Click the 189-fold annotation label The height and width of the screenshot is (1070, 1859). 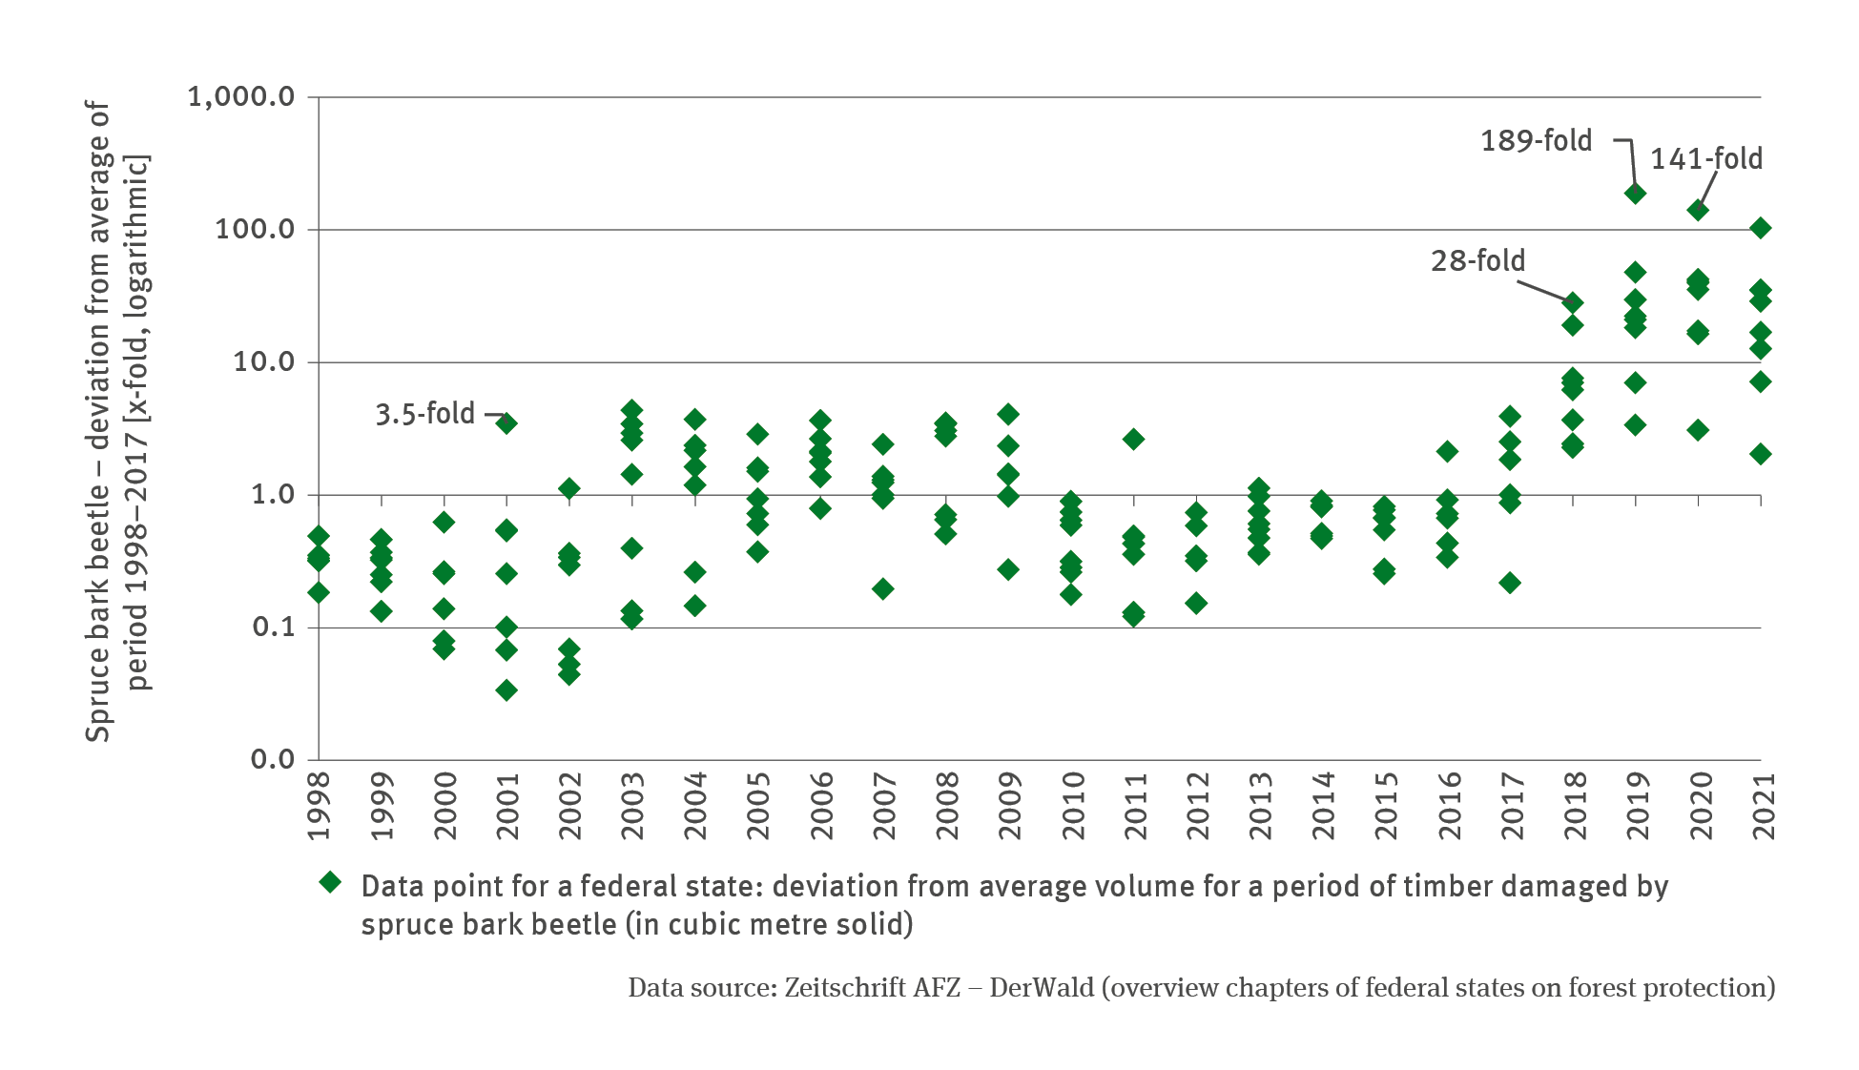pyautogui.click(x=1536, y=141)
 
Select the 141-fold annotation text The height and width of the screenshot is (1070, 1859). pyautogui.click(x=1706, y=159)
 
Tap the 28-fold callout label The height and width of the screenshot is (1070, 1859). pyautogui.click(x=1477, y=260)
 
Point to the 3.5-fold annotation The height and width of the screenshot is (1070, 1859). pyautogui.click(x=424, y=414)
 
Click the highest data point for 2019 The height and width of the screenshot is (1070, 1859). pyautogui.click(x=1635, y=194)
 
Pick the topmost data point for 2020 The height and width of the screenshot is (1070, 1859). pyautogui.click(x=1698, y=210)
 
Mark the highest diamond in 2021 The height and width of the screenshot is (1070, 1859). pyautogui.click(x=1761, y=228)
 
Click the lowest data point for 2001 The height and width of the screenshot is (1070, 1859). pyautogui.click(x=506, y=690)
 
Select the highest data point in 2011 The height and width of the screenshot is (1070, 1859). pyautogui.click(x=1133, y=440)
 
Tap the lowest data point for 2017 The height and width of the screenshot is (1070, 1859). pyautogui.click(x=1510, y=583)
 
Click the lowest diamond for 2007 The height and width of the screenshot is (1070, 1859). pyautogui.click(x=883, y=589)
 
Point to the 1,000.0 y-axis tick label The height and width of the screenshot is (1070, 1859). pyautogui.click(x=241, y=97)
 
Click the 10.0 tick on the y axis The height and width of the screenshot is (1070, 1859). pyautogui.click(x=264, y=362)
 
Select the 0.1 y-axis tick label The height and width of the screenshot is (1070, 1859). pyautogui.click(x=273, y=628)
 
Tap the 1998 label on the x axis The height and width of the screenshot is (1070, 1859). pyautogui.click(x=319, y=806)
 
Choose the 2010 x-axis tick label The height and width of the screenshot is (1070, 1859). pyautogui.click(x=1072, y=806)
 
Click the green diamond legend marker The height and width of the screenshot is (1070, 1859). pyautogui.click(x=330, y=882)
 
